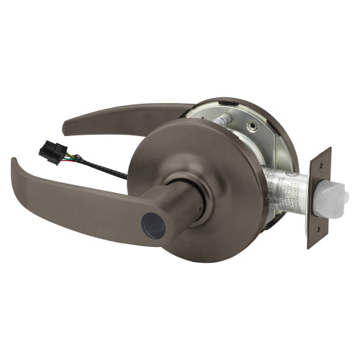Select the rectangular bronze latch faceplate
pyautogui.click(x=317, y=198)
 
